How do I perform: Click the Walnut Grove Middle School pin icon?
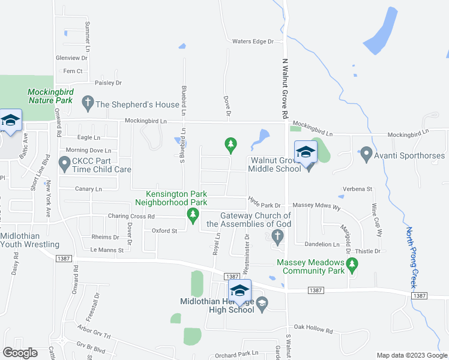click(x=306, y=152)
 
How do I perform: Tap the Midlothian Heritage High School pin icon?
click(x=240, y=291)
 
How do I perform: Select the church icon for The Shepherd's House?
click(x=87, y=104)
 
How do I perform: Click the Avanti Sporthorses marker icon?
click(x=366, y=156)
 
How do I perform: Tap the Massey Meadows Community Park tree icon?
click(x=352, y=263)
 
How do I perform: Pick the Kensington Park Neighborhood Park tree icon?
click(x=193, y=215)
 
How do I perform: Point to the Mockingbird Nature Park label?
click(x=50, y=96)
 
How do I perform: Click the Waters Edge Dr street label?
click(x=253, y=41)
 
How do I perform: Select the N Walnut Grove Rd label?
click(x=286, y=82)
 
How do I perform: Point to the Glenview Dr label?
click(x=71, y=58)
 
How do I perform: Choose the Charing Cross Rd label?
click(x=131, y=216)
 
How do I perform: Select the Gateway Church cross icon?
click(x=277, y=238)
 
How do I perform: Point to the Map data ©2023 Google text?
click(x=411, y=355)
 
